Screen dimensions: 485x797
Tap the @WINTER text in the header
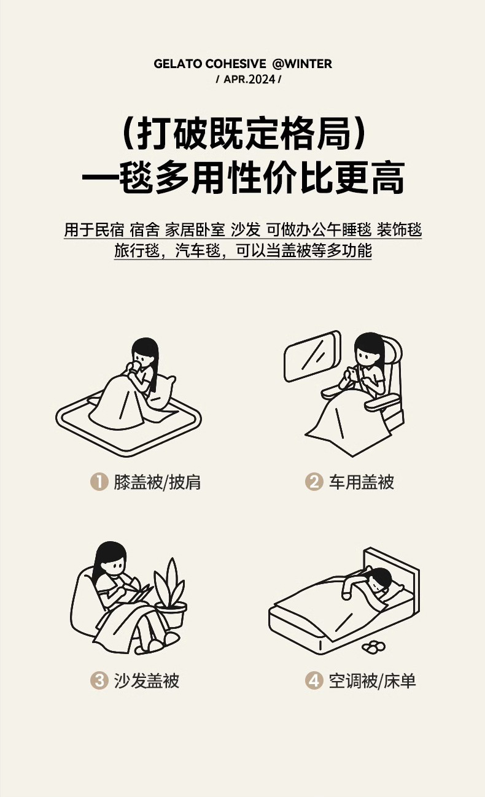[x=302, y=64]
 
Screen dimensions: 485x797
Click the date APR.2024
[x=249, y=79]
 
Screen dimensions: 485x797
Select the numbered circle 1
[x=99, y=482]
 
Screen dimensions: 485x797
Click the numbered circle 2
[x=314, y=482]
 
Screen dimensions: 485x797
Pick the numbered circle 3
[x=99, y=680]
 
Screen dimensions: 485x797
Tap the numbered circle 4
[x=314, y=680]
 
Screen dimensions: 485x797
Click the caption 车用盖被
[x=361, y=482]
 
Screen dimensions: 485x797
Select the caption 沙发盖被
[x=146, y=680]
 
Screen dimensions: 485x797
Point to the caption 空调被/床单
[x=372, y=680]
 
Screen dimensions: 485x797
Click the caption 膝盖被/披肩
[x=157, y=482]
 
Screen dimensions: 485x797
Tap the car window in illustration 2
[x=312, y=356]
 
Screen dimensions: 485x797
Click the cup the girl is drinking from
[x=135, y=366]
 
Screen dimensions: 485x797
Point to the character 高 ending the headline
[x=387, y=177]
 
